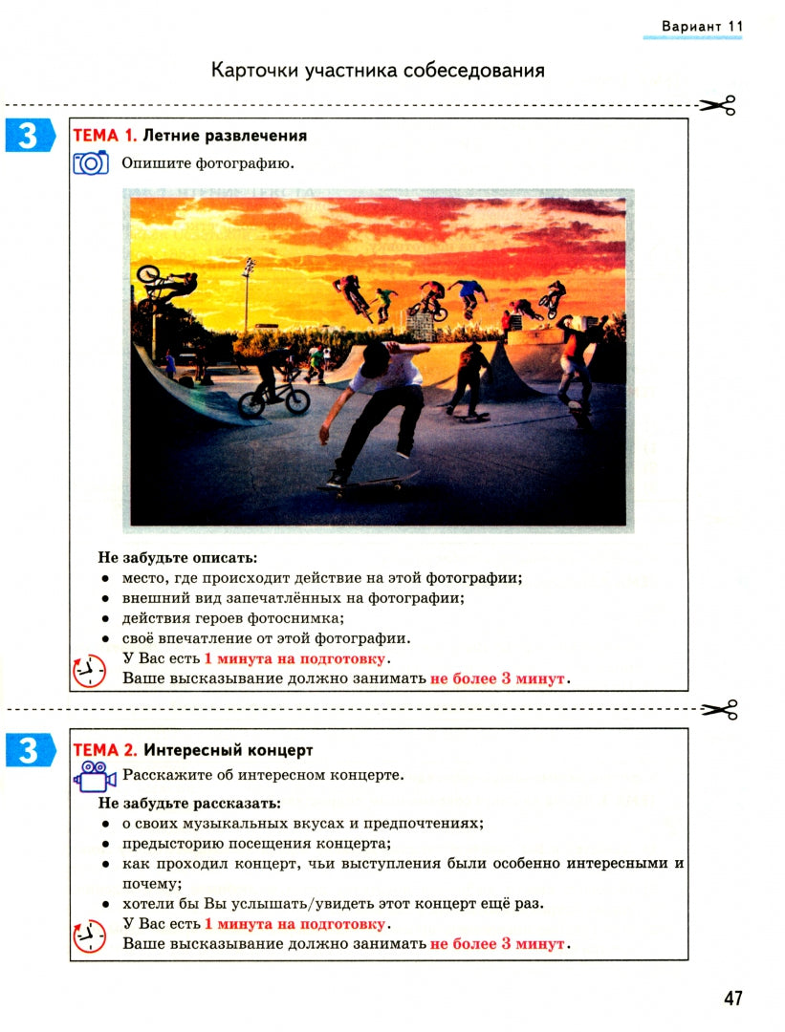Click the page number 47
click(732, 998)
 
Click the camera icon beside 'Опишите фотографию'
click(91, 163)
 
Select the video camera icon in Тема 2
click(93, 776)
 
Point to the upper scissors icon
click(717, 105)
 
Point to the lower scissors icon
click(719, 709)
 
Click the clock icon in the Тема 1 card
click(89, 671)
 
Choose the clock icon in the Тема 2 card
click(89, 935)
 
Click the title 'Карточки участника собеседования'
click(378, 71)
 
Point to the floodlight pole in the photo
click(248, 291)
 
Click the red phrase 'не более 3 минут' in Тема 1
click(498, 678)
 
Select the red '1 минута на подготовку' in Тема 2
click(294, 924)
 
